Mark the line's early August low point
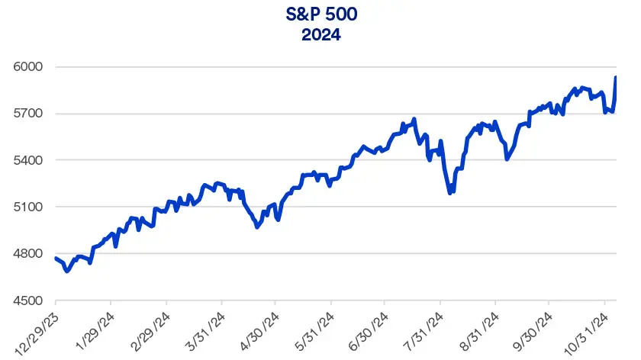point(451,192)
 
